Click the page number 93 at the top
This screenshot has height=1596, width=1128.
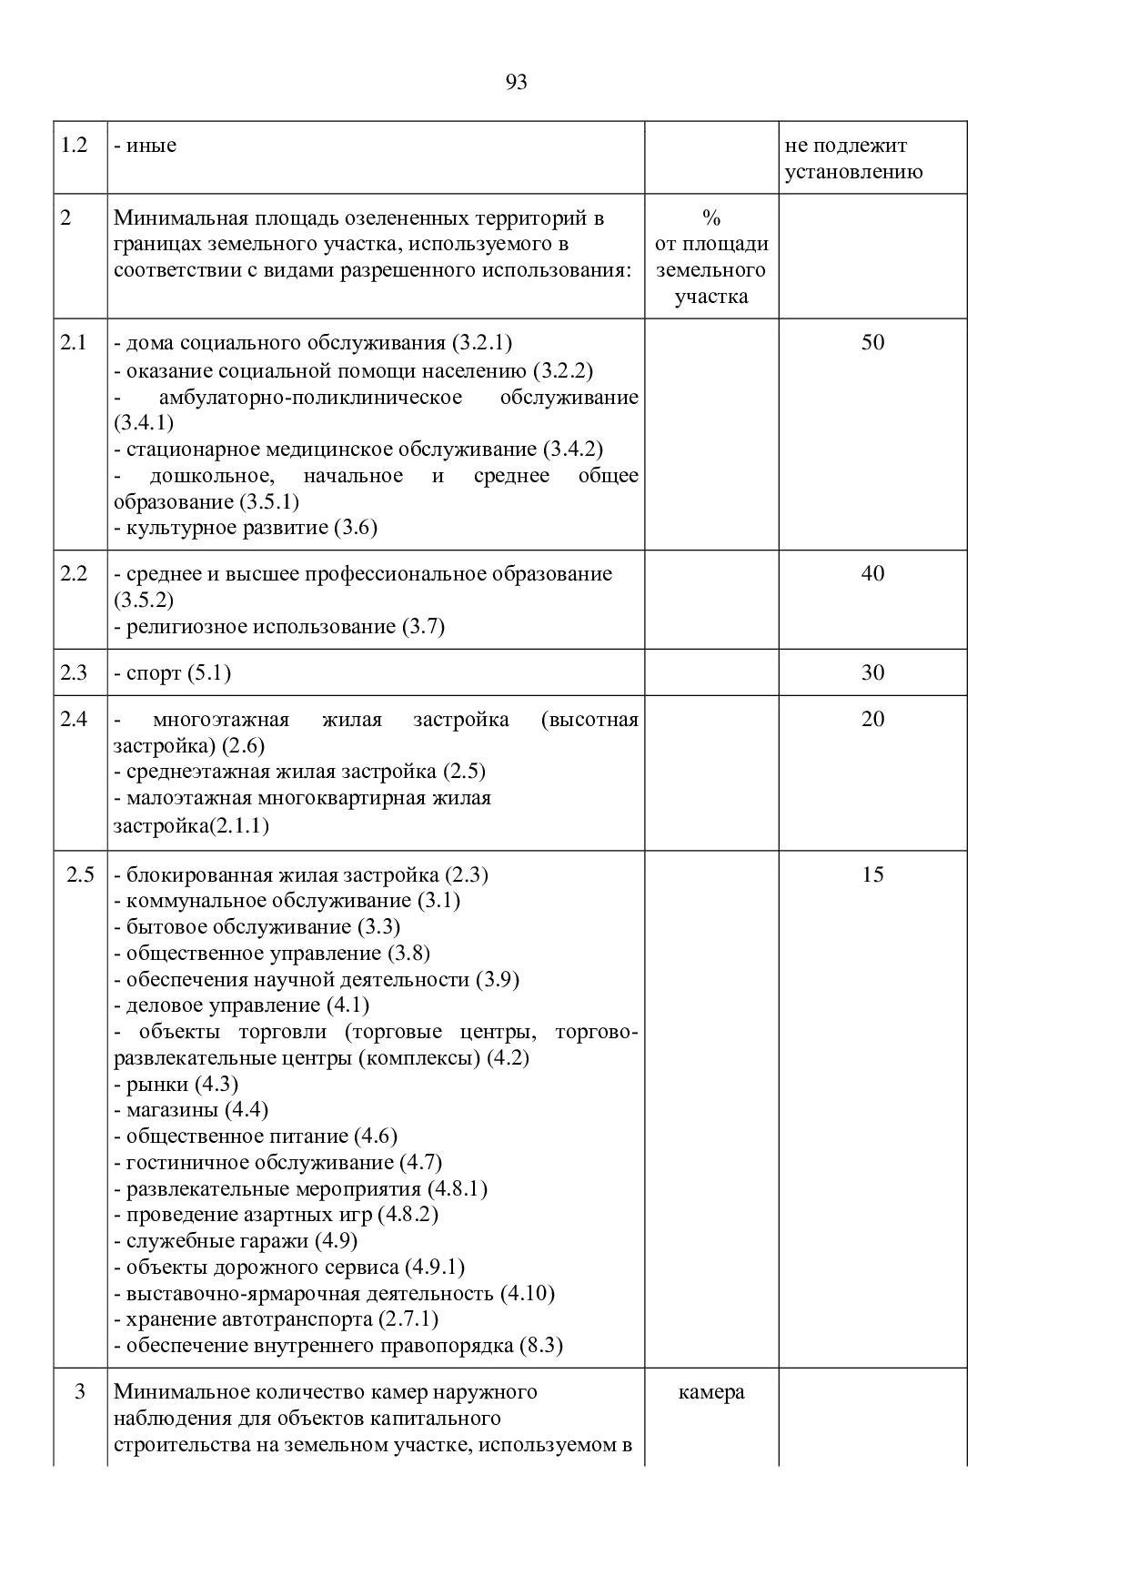coord(516,83)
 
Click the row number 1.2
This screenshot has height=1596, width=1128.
coord(74,145)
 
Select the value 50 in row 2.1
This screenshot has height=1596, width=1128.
coord(872,342)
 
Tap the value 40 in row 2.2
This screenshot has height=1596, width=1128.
coord(872,573)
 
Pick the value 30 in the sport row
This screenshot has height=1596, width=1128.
coord(872,672)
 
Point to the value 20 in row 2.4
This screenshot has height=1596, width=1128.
coord(872,719)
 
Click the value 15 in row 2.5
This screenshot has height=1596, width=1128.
coord(872,874)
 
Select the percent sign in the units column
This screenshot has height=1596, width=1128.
coord(711,218)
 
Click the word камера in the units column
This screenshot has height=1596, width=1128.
coord(711,1392)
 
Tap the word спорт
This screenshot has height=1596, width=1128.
coord(154,673)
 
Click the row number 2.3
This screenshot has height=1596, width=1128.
coord(74,672)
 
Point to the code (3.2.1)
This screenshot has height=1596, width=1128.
coord(482,343)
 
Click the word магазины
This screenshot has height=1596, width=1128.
coord(172,1110)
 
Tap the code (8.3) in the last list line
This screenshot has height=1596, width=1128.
coord(540,1346)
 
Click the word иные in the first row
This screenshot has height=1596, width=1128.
coord(152,146)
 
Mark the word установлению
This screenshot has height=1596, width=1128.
coord(853,172)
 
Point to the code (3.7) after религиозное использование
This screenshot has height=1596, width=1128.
coord(423,627)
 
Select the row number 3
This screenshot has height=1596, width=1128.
coord(79,1392)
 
